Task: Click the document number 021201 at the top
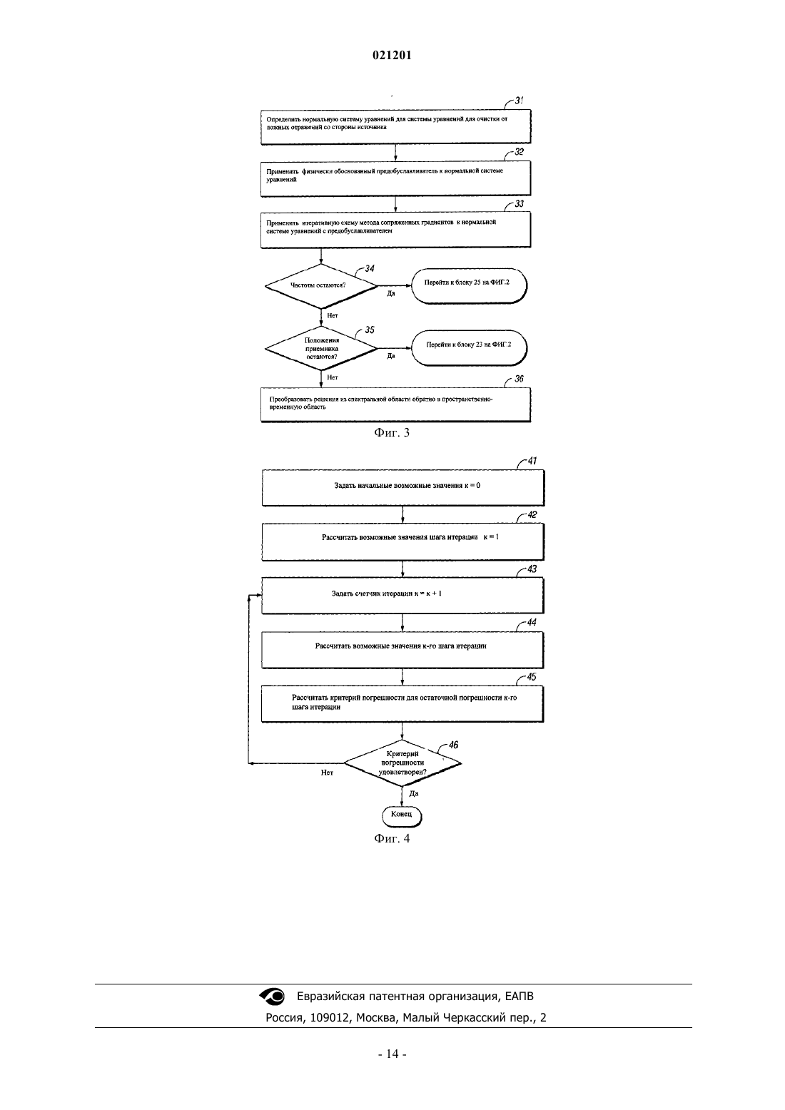392,55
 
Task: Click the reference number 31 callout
519,101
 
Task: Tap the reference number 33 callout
519,203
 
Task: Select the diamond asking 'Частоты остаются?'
321,286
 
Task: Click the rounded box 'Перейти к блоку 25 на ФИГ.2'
469,285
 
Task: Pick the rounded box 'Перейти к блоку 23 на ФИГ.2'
469,347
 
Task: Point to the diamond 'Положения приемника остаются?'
321,348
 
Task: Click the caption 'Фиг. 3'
392,432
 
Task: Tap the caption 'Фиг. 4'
392,838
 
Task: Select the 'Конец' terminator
401,815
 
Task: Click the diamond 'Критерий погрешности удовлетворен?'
402,763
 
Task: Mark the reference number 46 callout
453,744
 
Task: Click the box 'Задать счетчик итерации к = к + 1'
402,596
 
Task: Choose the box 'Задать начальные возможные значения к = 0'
403,488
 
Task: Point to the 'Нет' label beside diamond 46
327,773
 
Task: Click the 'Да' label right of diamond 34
391,293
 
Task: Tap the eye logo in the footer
272,996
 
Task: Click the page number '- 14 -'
392,1054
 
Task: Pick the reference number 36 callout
519,379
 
